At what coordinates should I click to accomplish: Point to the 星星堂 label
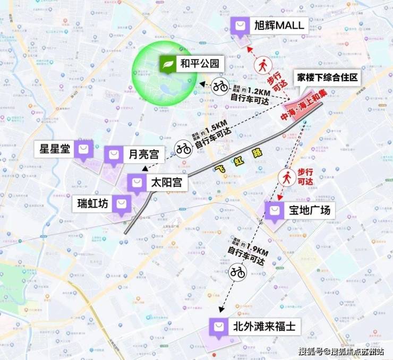click(55, 149)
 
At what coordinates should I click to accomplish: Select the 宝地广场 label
click(310, 211)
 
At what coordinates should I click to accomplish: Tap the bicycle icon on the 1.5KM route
click(184, 148)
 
